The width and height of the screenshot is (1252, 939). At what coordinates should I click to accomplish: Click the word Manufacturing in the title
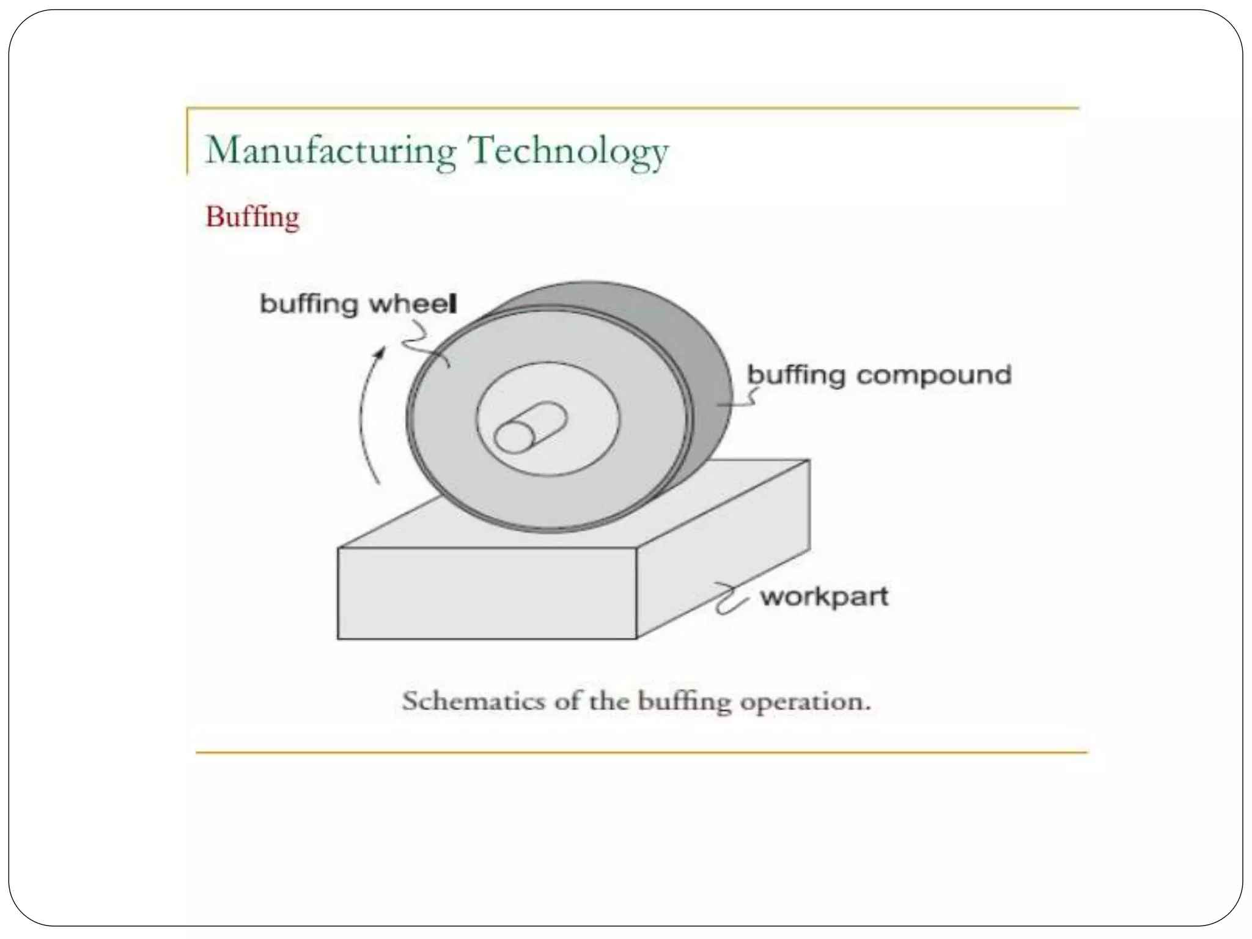[x=331, y=151]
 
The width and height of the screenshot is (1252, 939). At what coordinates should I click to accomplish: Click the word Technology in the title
[x=568, y=151]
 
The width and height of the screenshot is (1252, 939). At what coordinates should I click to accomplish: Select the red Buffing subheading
[x=252, y=217]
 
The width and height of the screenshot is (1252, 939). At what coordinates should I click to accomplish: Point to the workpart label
[x=824, y=597]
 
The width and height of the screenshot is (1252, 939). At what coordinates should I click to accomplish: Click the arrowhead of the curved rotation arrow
[x=381, y=352]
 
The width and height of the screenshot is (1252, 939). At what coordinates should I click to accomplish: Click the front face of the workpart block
[x=487, y=593]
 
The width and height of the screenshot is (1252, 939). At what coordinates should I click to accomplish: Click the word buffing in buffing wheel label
[x=309, y=304]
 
